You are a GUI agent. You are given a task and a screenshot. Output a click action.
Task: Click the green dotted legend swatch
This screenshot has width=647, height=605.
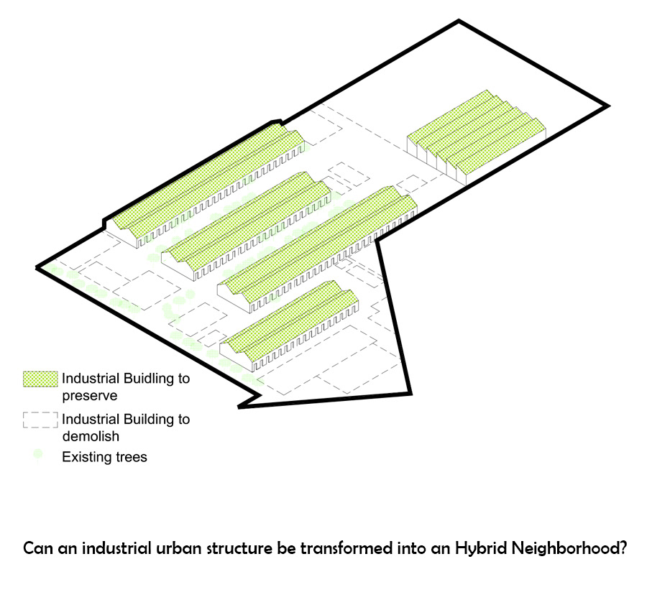click(40, 379)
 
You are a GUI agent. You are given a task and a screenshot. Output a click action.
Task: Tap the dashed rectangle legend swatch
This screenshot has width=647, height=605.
click(40, 420)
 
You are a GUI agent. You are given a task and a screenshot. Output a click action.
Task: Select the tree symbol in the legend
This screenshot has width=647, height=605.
click(38, 456)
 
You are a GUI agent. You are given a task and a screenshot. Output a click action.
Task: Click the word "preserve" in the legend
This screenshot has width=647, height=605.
click(90, 395)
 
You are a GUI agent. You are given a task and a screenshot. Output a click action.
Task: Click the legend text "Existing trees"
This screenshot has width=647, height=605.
click(104, 457)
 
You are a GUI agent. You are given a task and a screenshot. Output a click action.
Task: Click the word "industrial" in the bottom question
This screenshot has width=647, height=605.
click(116, 548)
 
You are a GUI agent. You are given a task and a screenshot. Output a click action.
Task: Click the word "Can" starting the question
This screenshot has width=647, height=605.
click(37, 548)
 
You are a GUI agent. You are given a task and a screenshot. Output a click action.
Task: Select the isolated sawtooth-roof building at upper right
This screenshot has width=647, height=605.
click(475, 136)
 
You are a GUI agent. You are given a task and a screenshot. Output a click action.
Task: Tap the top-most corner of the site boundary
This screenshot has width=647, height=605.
click(457, 22)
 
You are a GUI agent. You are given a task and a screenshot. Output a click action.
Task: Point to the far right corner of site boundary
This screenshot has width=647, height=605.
click(608, 106)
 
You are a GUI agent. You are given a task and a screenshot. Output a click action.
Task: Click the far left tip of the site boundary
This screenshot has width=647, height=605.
click(37, 268)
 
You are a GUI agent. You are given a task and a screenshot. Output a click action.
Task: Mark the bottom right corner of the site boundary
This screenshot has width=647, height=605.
click(410, 392)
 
